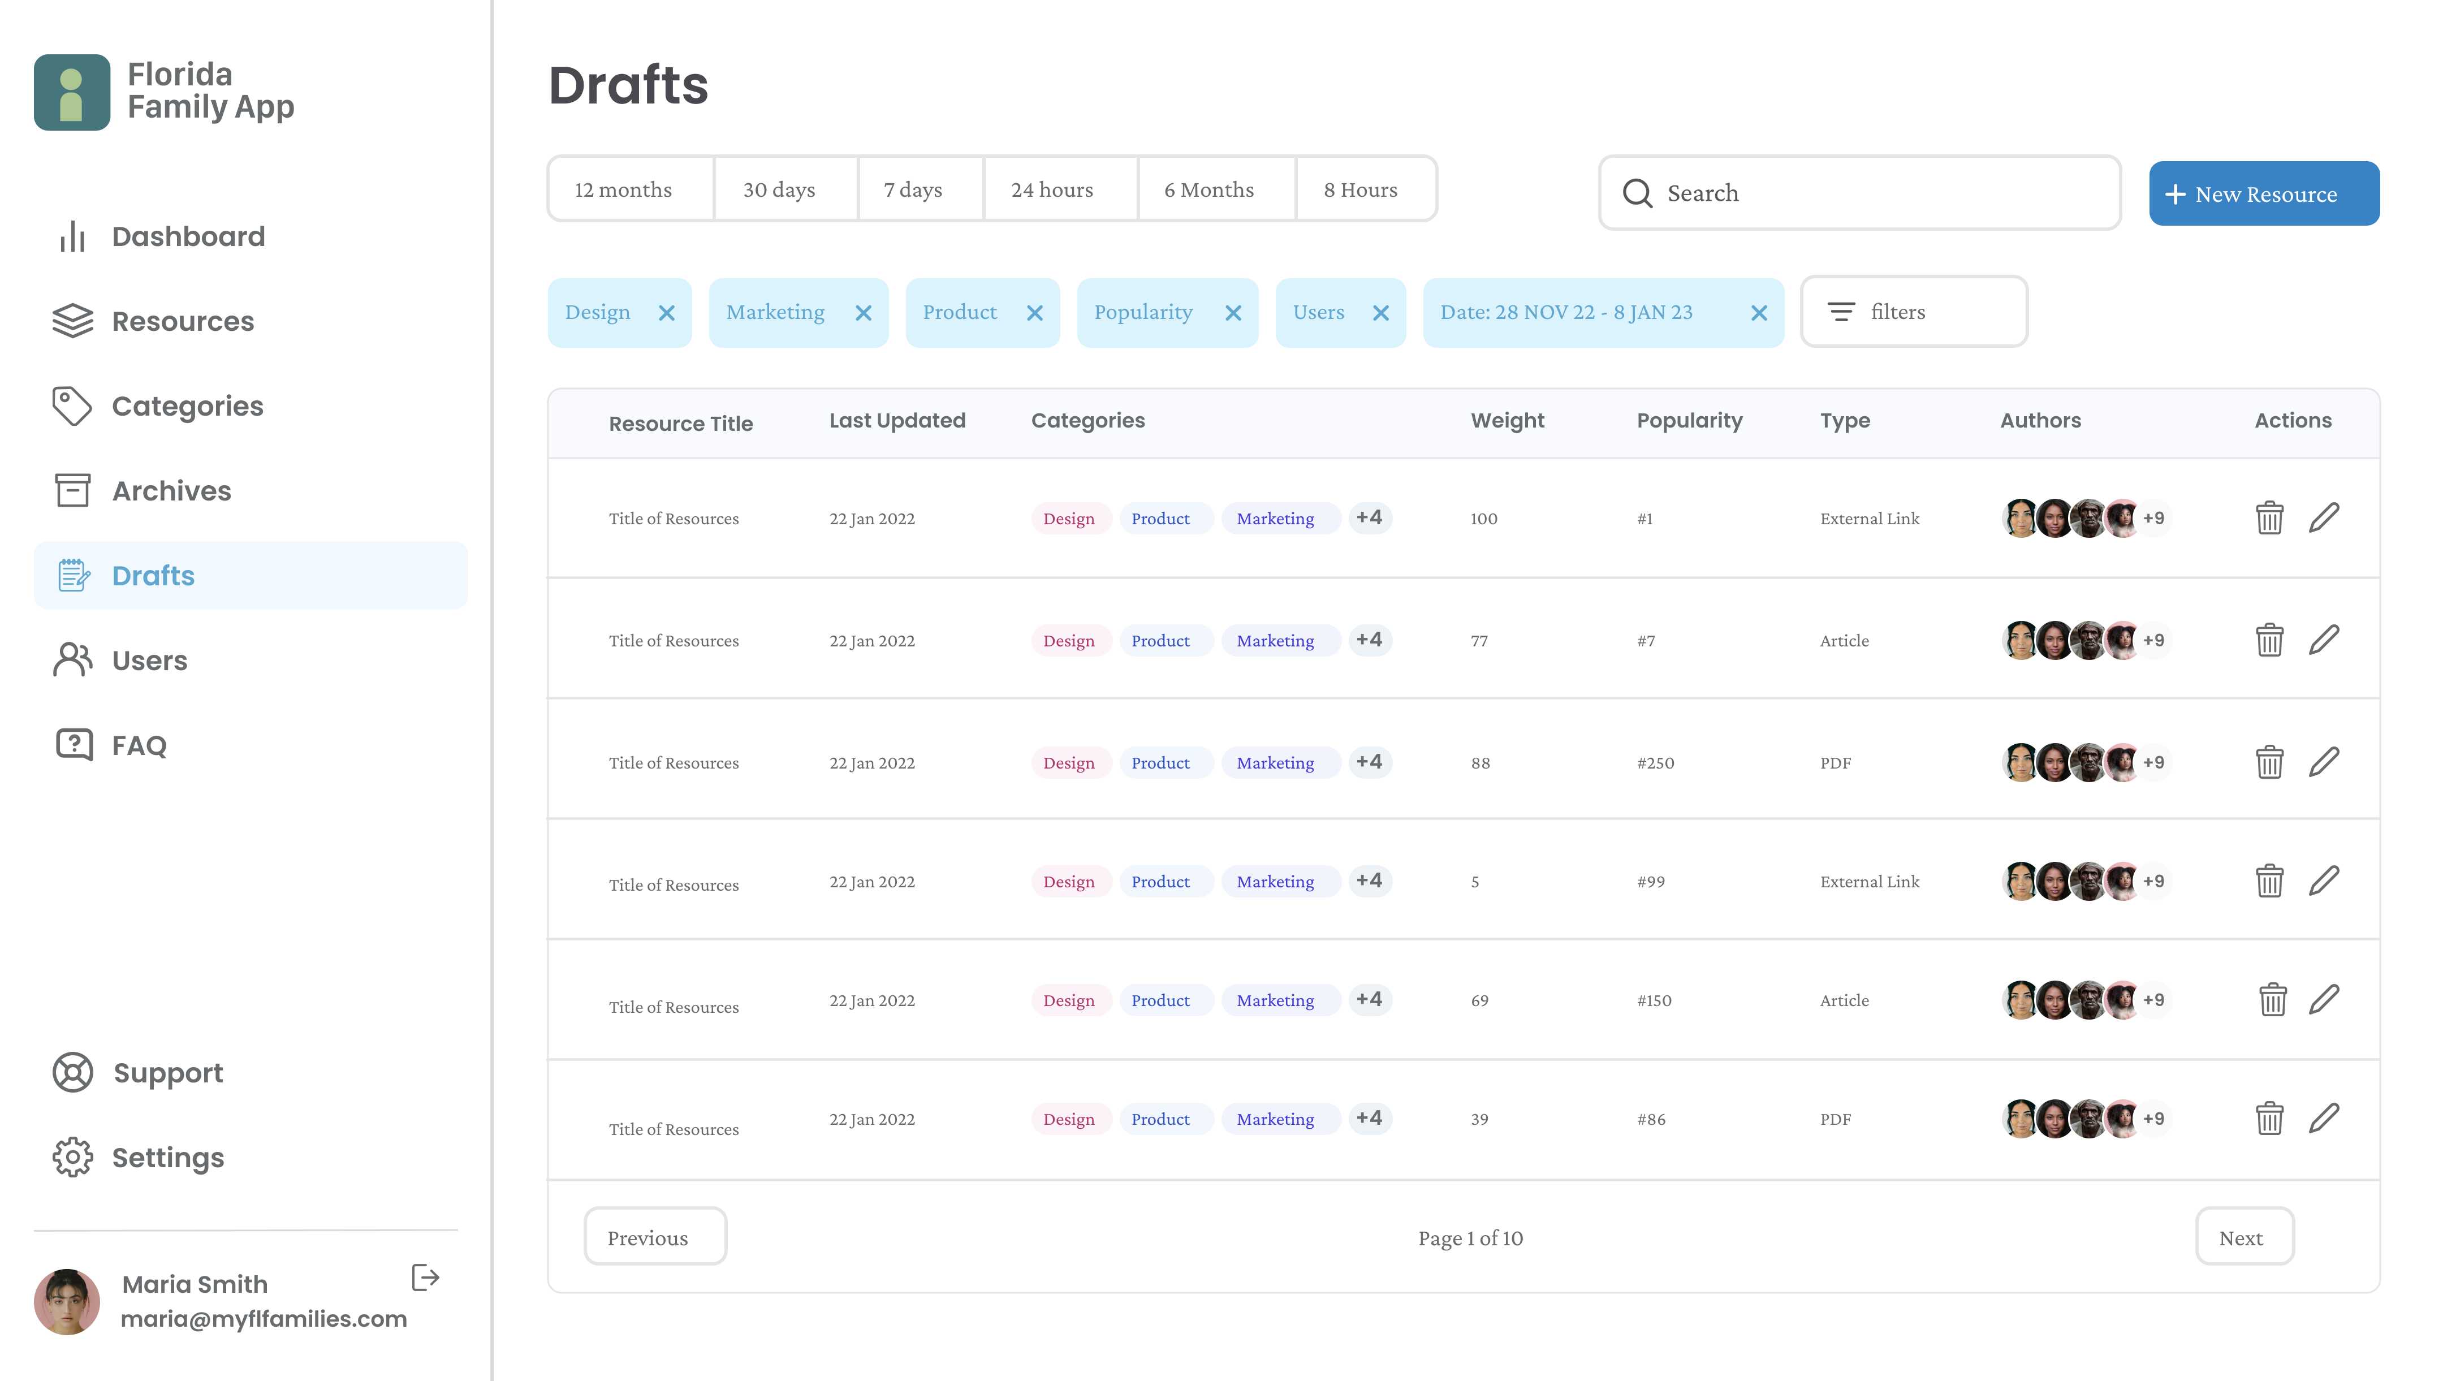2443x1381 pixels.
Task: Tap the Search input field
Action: click(x=1859, y=192)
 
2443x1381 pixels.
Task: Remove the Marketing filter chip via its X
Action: click(x=863, y=313)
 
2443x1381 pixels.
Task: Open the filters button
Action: click(x=1914, y=312)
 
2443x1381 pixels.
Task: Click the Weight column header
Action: click(x=1507, y=420)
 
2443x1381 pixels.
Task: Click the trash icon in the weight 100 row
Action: click(x=2268, y=518)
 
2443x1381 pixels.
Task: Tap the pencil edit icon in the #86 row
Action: click(x=2324, y=1118)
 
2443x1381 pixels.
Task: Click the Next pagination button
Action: click(x=2244, y=1237)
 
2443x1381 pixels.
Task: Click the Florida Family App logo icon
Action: click(x=72, y=92)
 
